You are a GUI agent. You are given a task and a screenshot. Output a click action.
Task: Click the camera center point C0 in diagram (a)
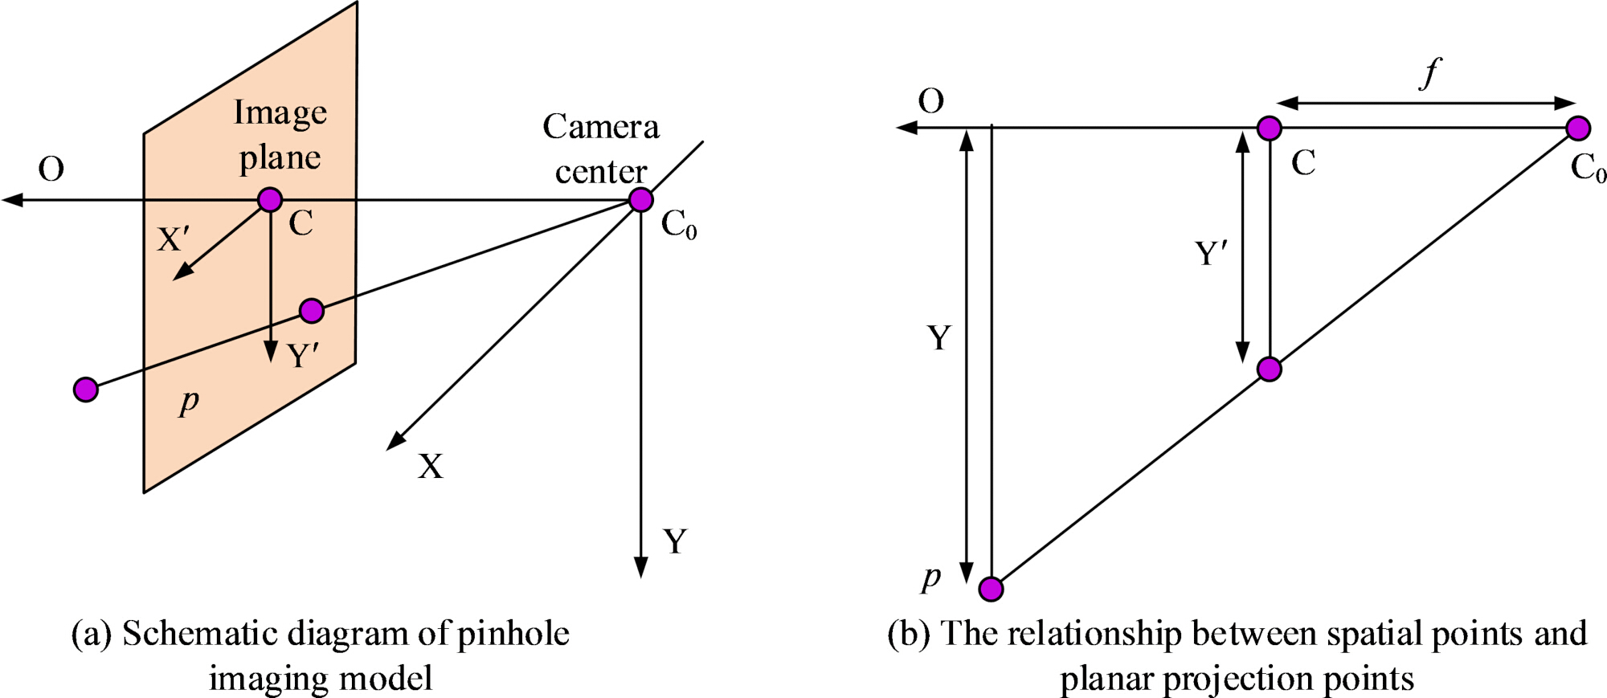pyautogui.click(x=640, y=199)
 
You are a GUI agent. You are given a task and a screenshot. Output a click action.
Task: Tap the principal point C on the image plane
pyautogui.click(x=270, y=199)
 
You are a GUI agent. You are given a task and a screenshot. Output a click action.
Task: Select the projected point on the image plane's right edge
pyautogui.click(x=312, y=310)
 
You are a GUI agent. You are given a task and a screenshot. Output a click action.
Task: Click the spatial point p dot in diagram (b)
pyautogui.click(x=992, y=589)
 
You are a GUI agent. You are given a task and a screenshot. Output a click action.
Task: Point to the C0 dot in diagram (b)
pyautogui.click(x=1578, y=128)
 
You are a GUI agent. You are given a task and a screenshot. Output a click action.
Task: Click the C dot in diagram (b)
pyautogui.click(x=1270, y=128)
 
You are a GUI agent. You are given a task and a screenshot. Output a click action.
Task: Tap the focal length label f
pyautogui.click(x=1430, y=74)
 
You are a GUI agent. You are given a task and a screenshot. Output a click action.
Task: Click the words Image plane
pyautogui.click(x=280, y=135)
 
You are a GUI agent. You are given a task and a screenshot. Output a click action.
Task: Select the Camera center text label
pyautogui.click(x=601, y=149)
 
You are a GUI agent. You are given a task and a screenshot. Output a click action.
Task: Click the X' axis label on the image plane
pyautogui.click(x=174, y=239)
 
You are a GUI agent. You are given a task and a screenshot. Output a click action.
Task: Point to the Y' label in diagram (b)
pyautogui.click(x=1211, y=254)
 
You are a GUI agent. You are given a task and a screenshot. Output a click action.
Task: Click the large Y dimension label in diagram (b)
pyautogui.click(x=938, y=338)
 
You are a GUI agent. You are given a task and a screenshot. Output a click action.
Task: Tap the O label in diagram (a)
pyautogui.click(x=51, y=169)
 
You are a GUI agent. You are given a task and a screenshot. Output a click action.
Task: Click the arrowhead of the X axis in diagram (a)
pyautogui.click(x=395, y=441)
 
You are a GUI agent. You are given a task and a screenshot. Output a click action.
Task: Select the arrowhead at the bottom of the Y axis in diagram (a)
pyautogui.click(x=640, y=567)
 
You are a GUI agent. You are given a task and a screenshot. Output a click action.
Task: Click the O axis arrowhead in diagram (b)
pyautogui.click(x=906, y=127)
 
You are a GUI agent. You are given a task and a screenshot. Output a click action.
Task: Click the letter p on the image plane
pyautogui.click(x=190, y=400)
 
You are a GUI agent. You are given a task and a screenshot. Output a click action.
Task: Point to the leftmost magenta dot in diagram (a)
pyautogui.click(x=86, y=390)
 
